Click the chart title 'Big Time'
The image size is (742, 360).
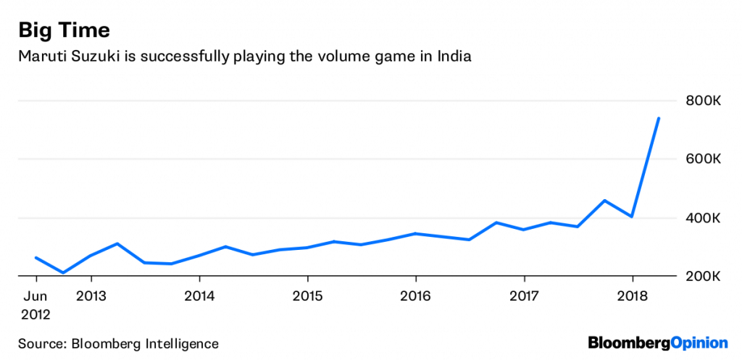(x=64, y=30)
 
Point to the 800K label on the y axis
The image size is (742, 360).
(x=702, y=101)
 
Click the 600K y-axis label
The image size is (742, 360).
(x=702, y=159)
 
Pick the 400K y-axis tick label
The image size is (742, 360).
(x=702, y=218)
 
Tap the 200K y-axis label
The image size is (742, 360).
(x=702, y=277)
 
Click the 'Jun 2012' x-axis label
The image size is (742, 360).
(x=36, y=304)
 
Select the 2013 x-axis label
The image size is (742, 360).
(x=91, y=296)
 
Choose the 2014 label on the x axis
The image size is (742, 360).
(x=199, y=296)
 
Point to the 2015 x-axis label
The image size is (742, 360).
(x=307, y=296)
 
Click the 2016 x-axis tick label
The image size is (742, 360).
(x=415, y=296)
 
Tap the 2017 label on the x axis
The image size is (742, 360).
(x=524, y=296)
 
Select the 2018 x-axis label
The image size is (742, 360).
(x=632, y=296)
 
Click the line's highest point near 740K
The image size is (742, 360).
(x=659, y=118)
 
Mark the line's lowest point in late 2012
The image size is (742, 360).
(x=63, y=273)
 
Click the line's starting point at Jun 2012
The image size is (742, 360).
(x=36, y=258)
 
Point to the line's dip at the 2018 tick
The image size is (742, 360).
(x=632, y=217)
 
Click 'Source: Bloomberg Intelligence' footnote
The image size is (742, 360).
(x=118, y=343)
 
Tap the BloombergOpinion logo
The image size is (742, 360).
(x=657, y=342)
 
